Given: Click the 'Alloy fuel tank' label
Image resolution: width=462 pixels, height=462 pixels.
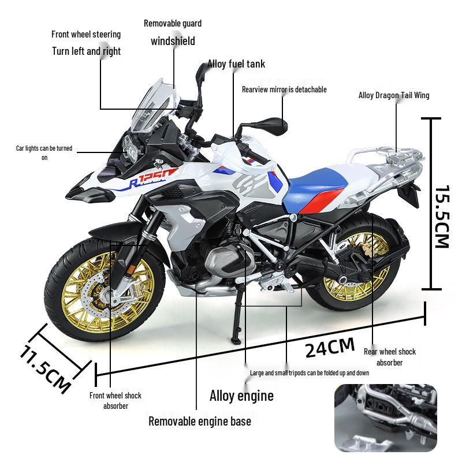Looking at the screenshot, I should [236, 64].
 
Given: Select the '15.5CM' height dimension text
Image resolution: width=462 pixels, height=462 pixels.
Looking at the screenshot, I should [441, 217].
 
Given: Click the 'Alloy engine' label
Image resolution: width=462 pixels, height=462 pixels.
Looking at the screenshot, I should [241, 396].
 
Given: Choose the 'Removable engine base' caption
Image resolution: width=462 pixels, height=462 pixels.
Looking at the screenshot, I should [200, 421].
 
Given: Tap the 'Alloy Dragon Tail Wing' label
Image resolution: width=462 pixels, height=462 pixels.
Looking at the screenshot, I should [394, 95].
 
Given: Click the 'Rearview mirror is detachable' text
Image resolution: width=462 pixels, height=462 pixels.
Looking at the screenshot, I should [284, 90].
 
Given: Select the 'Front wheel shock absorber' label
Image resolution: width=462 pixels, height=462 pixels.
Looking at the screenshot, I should [115, 400].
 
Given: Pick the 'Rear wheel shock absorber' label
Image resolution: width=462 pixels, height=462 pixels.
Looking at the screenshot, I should [389, 357].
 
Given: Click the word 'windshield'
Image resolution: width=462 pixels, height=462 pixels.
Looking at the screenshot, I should [173, 41].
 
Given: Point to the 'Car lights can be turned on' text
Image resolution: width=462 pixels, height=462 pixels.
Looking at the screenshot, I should [44, 152].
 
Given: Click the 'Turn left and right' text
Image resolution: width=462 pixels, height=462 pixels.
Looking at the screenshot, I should [87, 51].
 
